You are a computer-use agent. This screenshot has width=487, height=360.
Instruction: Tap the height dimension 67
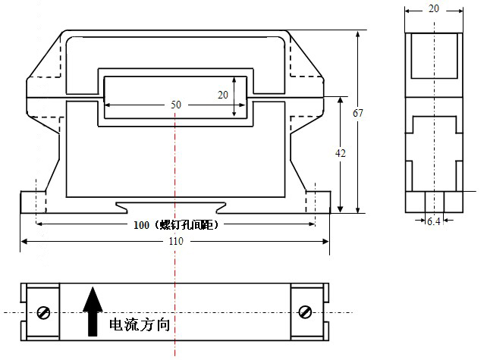point(358,113)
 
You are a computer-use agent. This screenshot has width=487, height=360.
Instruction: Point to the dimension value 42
point(341,153)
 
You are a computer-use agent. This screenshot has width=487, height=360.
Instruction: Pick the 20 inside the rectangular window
point(222,95)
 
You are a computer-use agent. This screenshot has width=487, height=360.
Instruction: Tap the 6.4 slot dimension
point(434,221)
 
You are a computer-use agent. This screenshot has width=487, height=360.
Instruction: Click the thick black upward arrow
point(93,311)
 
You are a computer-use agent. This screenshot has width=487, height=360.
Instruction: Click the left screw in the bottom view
point(43,311)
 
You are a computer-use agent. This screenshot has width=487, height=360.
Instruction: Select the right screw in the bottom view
point(306,311)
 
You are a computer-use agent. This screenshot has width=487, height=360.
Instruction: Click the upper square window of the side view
point(433,56)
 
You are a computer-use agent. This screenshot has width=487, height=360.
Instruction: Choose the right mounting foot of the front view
point(318,202)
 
